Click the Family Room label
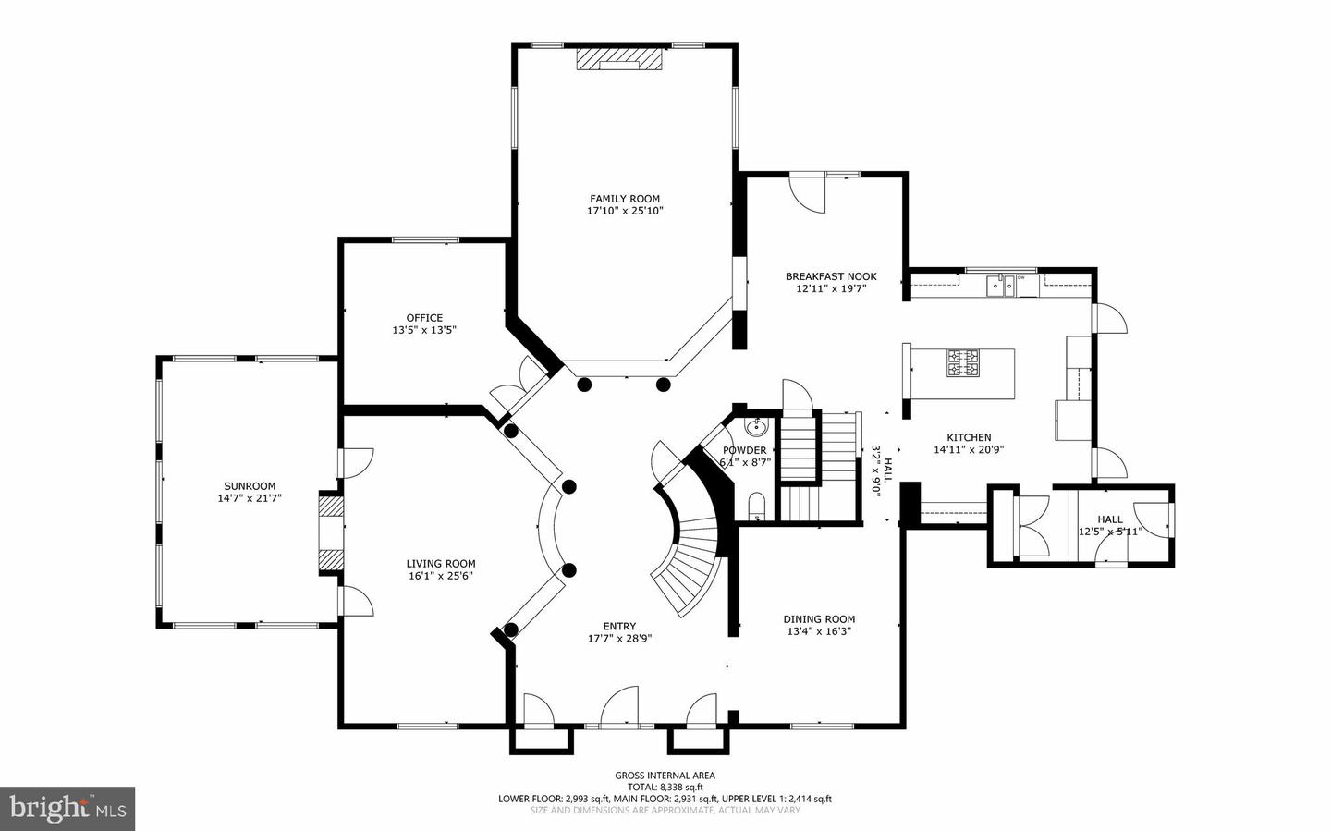tap(625, 199)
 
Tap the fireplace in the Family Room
tap(619, 59)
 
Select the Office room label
tap(424, 318)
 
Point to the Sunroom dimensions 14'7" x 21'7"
tap(250, 498)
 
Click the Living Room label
tap(441, 564)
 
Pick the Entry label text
tap(619, 627)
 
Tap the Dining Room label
tap(819, 619)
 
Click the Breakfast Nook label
tap(831, 276)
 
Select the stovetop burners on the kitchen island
tap(962, 362)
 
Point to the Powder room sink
tap(757, 427)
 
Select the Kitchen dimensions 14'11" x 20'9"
tap(969, 450)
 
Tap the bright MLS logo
tap(67, 809)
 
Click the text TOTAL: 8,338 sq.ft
tap(665, 788)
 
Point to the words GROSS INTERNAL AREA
tap(665, 776)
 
